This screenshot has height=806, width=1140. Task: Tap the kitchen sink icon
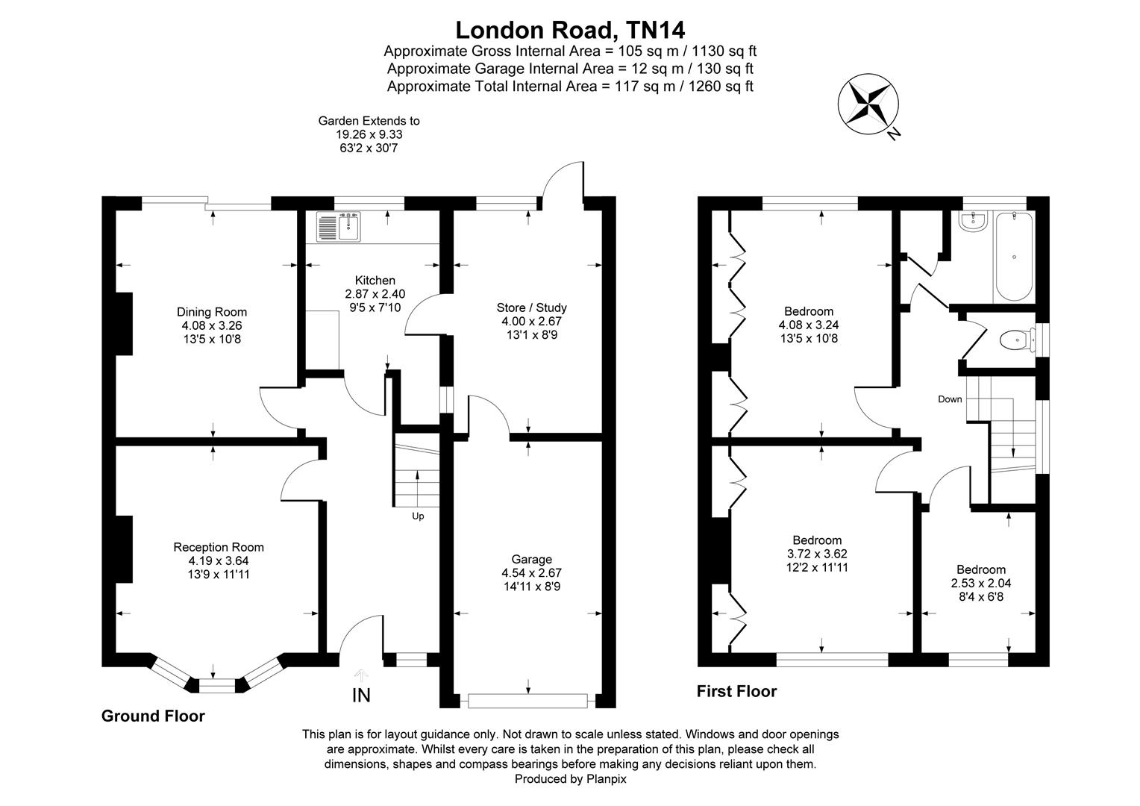339,227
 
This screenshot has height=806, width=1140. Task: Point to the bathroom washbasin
972,220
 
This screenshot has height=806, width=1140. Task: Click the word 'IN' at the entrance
361,696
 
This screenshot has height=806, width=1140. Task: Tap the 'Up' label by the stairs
418,516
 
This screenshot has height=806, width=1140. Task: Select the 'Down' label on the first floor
950,399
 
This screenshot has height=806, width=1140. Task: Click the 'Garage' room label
531,559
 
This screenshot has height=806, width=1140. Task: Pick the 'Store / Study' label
531,307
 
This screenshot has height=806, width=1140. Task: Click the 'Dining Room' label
211,312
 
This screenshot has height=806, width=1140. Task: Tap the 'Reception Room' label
219,547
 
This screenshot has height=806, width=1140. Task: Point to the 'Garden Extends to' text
369,121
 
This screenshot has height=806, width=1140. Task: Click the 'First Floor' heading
736,692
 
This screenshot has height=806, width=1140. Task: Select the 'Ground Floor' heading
153,716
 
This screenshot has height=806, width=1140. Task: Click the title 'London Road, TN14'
570,30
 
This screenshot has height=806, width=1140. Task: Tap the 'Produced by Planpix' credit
570,778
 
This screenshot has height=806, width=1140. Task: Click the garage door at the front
528,701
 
